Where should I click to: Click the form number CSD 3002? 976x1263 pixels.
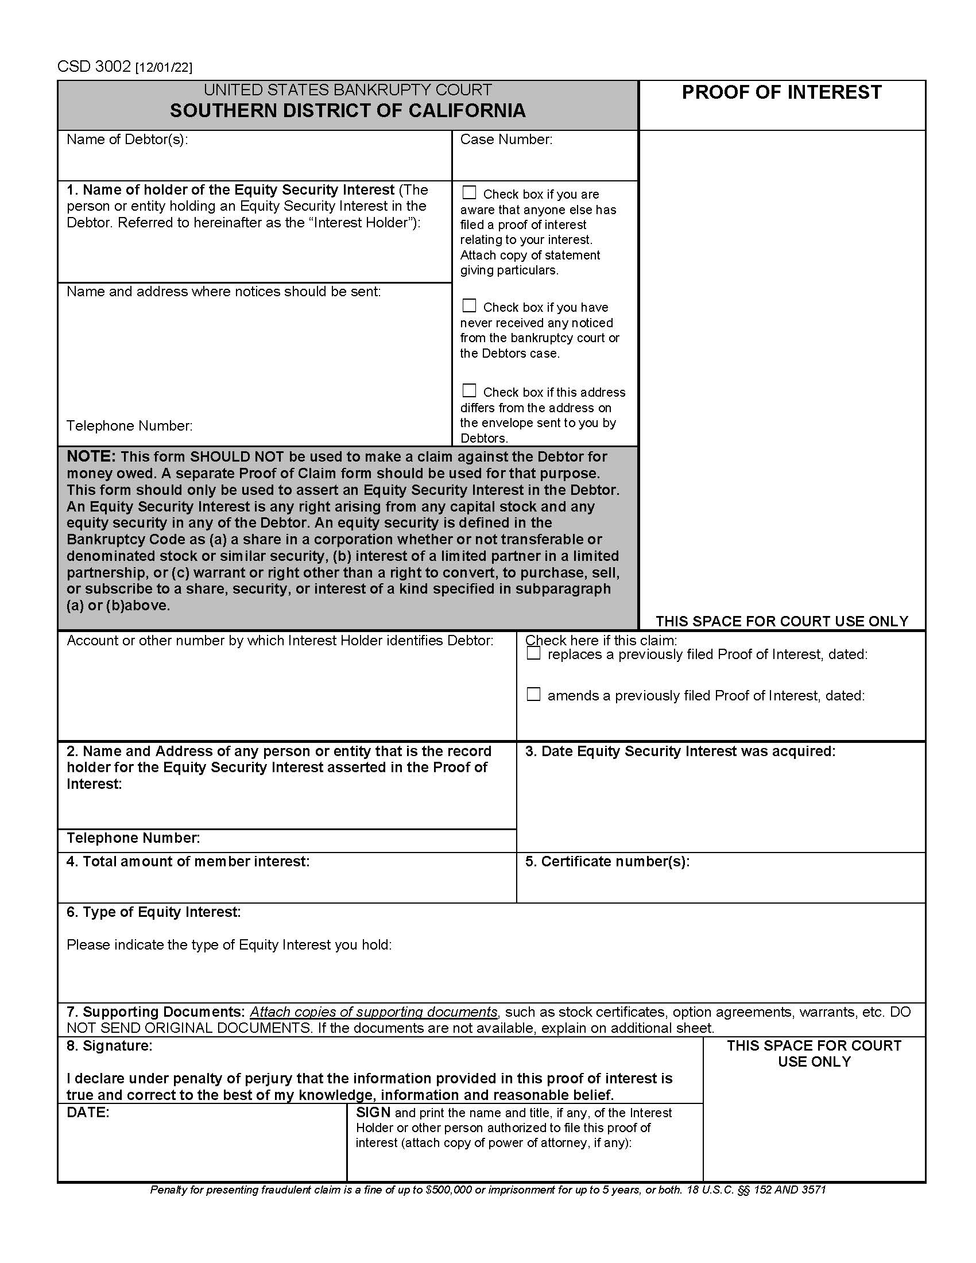point(94,67)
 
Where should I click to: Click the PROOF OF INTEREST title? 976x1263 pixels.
point(781,92)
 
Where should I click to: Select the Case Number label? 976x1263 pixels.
point(506,140)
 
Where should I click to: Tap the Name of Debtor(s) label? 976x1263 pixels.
point(127,140)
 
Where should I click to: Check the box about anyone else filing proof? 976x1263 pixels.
point(469,192)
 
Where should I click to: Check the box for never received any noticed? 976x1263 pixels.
point(469,305)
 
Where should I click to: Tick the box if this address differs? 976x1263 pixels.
point(469,390)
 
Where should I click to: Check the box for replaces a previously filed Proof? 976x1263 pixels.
point(533,653)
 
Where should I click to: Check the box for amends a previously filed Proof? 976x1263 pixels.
point(533,695)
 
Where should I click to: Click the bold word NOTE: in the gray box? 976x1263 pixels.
point(91,456)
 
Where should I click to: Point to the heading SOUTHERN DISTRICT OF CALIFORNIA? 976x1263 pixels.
point(347,110)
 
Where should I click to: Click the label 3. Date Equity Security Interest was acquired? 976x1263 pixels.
point(680,751)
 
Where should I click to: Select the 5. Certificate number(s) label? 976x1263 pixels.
point(607,862)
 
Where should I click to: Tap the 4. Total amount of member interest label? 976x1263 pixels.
point(188,862)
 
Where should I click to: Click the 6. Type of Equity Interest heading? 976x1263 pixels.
point(153,912)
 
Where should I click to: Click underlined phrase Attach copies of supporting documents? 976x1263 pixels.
point(374,1012)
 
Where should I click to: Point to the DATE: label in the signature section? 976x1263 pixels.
point(88,1113)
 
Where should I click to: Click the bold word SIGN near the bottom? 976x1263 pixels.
point(373,1113)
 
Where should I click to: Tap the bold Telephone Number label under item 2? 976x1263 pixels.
point(133,838)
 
